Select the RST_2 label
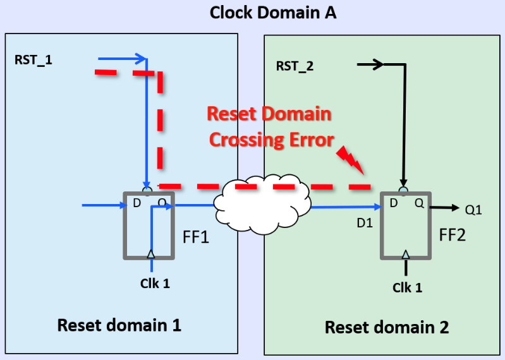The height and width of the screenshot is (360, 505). (295, 66)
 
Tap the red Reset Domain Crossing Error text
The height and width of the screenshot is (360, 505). (270, 126)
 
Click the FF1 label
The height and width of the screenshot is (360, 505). (195, 238)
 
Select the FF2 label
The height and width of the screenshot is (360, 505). (453, 236)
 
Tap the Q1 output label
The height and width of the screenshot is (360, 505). (474, 209)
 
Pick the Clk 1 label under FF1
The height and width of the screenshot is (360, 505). (155, 283)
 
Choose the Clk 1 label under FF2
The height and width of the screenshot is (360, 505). (407, 287)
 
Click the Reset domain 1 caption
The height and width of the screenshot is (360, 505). (119, 325)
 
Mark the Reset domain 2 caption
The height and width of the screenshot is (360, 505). (387, 327)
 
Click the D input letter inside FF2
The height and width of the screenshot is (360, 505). (394, 204)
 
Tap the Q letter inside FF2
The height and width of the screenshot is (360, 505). (419, 204)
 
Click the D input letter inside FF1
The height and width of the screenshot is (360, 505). (136, 203)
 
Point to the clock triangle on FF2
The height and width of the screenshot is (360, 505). (406, 255)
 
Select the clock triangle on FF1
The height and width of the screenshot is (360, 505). (150, 254)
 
